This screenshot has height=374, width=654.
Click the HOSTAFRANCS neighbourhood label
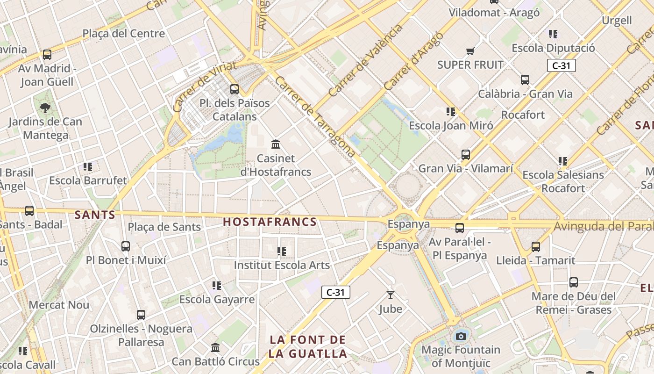pyautogui.click(x=270, y=222)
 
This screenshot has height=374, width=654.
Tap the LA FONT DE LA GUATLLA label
pyautogui.click(x=308, y=346)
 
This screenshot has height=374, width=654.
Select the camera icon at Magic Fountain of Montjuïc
pyautogui.click(x=461, y=336)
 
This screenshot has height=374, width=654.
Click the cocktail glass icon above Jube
pyautogui.click(x=391, y=295)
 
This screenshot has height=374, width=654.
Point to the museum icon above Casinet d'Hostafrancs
pyautogui.click(x=276, y=144)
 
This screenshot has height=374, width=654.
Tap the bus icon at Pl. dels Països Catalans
pyautogui.click(x=235, y=89)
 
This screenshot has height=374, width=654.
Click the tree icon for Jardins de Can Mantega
pyautogui.click(x=45, y=108)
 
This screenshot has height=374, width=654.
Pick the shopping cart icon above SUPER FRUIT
pyautogui.click(x=470, y=51)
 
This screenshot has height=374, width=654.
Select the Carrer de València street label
pyautogui.click(x=365, y=60)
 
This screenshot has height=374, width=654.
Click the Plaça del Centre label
pyautogui.click(x=124, y=34)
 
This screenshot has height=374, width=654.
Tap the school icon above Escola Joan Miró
pyautogui.click(x=451, y=112)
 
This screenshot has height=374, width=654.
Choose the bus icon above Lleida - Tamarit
pyautogui.click(x=536, y=246)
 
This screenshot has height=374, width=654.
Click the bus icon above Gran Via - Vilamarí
pyautogui.click(x=466, y=155)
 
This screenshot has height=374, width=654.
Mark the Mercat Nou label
pyautogui.click(x=59, y=305)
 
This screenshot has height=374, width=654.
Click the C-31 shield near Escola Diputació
pyautogui.click(x=561, y=65)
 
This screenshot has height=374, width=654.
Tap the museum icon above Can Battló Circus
pyautogui.click(x=215, y=348)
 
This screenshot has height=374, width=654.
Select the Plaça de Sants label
pyautogui.click(x=164, y=227)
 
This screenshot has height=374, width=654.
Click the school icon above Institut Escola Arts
pyautogui.click(x=282, y=252)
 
